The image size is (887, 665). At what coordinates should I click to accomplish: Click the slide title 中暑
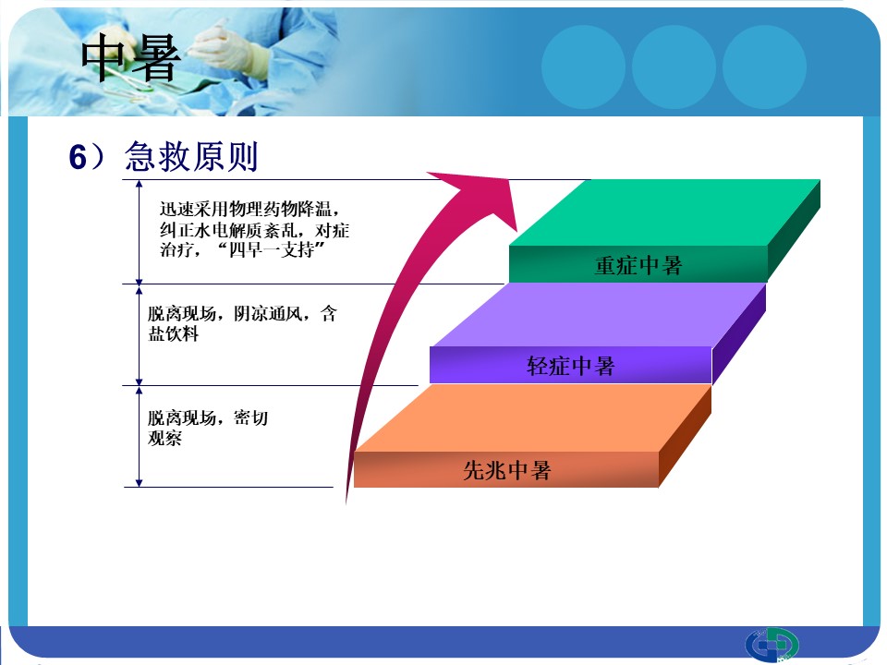pyautogui.click(x=130, y=58)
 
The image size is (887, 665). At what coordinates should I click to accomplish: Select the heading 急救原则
pyautogui.click(x=191, y=156)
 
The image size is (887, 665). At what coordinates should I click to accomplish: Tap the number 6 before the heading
pyautogui.click(x=78, y=157)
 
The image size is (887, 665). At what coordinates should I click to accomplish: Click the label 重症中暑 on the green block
pyautogui.click(x=638, y=265)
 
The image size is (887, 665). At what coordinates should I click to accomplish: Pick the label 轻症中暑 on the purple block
pyautogui.click(x=570, y=366)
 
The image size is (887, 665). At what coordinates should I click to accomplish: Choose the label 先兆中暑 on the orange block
pyautogui.click(x=507, y=470)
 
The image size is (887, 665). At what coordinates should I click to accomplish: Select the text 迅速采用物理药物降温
pyautogui.click(x=245, y=209)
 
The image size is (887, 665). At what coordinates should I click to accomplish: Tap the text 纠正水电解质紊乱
pyautogui.click(x=228, y=230)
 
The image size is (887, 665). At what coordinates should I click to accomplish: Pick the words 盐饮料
pyautogui.click(x=173, y=333)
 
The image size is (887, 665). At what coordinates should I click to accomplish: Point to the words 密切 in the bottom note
pyautogui.click(x=250, y=417)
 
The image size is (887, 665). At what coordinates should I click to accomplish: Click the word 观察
pyautogui.click(x=164, y=438)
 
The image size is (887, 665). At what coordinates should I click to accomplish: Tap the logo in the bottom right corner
pyautogui.click(x=772, y=645)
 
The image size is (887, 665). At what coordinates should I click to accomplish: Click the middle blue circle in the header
pyautogui.click(x=674, y=66)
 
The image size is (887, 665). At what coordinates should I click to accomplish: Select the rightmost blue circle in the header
pyautogui.click(x=764, y=66)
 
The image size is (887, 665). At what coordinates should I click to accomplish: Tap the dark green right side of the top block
pyautogui.click(x=794, y=231)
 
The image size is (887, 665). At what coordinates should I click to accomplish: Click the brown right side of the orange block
pyautogui.click(x=685, y=436)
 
